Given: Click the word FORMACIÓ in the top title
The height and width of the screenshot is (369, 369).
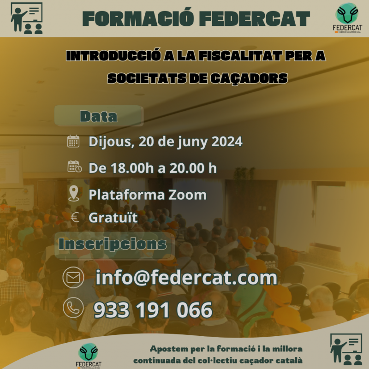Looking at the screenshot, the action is tap(138, 18).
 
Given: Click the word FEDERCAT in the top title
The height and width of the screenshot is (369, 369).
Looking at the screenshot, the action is tap(255, 18).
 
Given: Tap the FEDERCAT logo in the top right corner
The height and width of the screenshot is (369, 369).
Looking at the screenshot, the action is tap(347, 18).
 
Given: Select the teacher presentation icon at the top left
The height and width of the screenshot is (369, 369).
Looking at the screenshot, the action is tap(27, 18).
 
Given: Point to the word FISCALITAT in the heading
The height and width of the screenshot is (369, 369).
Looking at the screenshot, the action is tap(240, 56).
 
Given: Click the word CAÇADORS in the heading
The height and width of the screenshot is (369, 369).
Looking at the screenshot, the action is tap(249, 78).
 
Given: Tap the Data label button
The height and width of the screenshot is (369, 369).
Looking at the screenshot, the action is tap(99, 116).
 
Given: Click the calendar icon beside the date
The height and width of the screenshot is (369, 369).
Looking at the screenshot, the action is tap(73, 141).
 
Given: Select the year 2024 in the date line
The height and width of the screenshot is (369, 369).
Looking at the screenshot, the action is tap(227, 142).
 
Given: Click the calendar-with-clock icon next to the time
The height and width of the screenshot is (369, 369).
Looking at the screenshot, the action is tap(75, 167).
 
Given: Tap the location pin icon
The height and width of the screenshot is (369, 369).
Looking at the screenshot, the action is tap(74, 193).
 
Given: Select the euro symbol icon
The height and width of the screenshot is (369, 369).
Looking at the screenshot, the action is tap(75, 217).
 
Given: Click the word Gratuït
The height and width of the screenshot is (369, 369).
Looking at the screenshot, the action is tap(113, 217).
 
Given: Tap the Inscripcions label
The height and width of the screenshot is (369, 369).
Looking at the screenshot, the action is tap(113, 244).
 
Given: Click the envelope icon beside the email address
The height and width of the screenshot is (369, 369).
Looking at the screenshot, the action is tap(73, 278).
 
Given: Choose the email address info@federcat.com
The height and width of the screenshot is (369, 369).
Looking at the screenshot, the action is tap(186, 278).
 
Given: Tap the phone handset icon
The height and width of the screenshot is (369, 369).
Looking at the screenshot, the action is tap(73, 308).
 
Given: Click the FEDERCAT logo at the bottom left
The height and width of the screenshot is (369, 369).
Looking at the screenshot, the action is tap(89, 355).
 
